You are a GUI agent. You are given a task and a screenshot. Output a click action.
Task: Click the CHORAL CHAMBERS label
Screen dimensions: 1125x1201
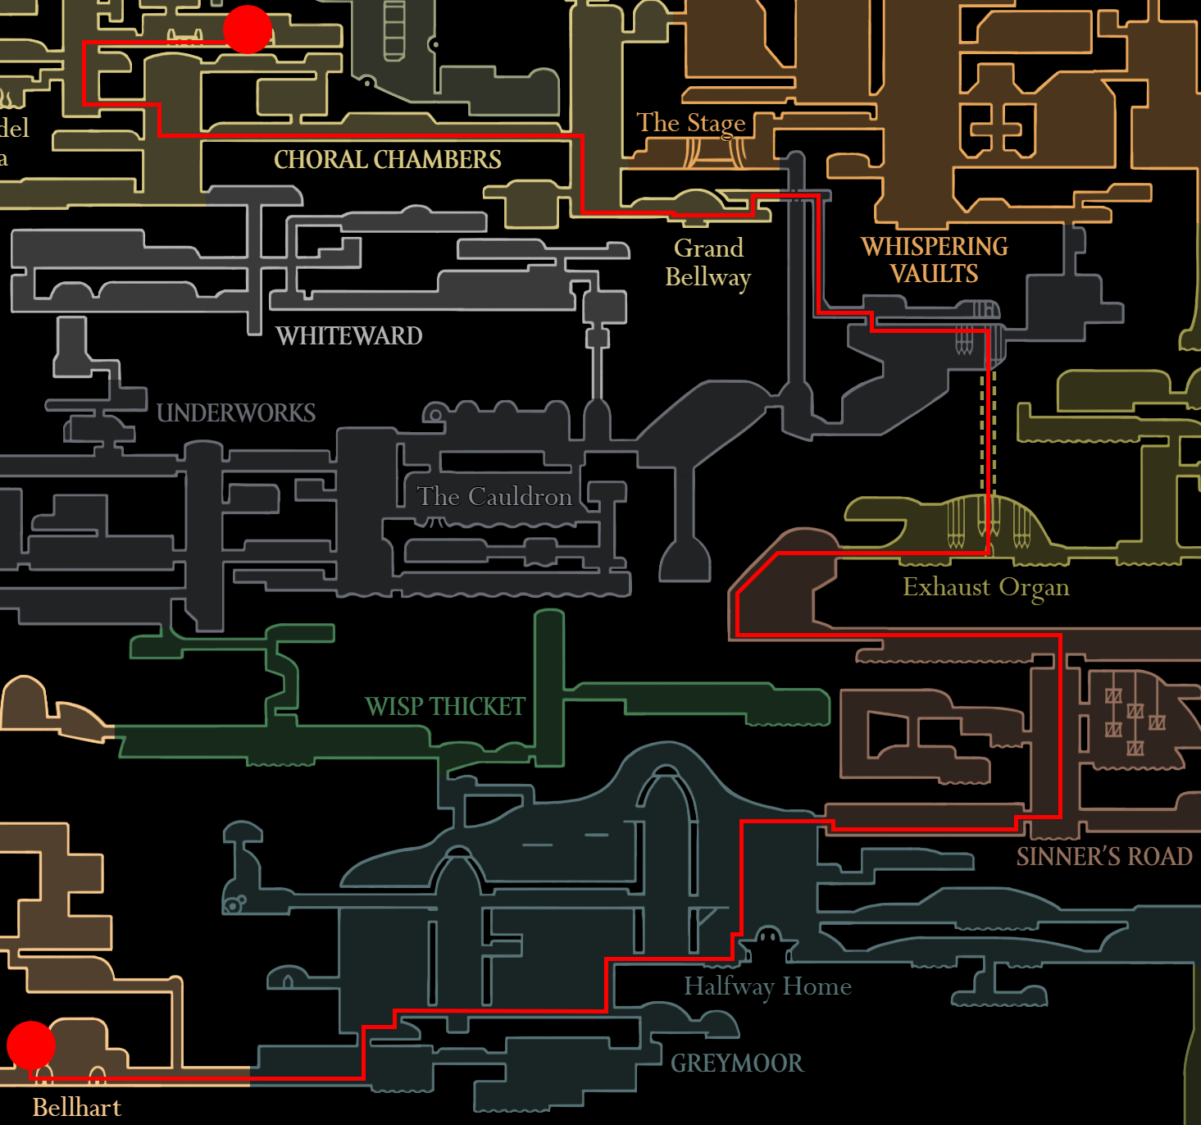tap(387, 159)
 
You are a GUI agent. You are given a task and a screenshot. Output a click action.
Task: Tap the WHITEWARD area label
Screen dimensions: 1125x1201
tap(349, 335)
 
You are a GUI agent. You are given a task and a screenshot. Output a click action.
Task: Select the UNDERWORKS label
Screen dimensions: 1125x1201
tap(236, 412)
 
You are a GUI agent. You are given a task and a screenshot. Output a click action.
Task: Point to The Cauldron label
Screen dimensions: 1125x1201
tap(494, 497)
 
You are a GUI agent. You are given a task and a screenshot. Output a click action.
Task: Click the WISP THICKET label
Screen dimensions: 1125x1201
tap(445, 706)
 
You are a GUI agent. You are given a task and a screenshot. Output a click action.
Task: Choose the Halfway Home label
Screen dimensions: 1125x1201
tap(767, 986)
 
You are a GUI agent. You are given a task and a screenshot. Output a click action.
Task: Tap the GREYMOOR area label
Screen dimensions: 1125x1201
tap(737, 1064)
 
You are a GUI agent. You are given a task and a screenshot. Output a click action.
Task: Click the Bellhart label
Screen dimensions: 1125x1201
tap(76, 1108)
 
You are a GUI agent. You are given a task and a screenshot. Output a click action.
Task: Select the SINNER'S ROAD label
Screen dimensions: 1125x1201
tap(1104, 857)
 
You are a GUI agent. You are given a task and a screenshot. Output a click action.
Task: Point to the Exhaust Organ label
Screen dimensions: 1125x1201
tap(985, 587)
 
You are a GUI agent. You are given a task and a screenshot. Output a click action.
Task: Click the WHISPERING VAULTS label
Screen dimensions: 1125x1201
tap(935, 260)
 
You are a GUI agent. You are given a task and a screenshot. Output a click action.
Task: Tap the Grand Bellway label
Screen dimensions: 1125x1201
tap(708, 262)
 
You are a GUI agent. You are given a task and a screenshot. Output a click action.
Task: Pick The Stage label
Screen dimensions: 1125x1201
tap(691, 123)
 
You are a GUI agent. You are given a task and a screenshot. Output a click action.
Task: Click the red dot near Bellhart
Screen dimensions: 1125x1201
tap(31, 1045)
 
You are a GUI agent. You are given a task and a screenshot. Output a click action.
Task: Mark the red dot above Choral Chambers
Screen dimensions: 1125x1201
tap(248, 30)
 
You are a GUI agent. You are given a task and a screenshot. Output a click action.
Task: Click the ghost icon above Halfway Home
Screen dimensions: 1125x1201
tap(767, 937)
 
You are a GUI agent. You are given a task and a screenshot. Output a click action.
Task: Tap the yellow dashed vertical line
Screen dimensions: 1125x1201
tap(982, 435)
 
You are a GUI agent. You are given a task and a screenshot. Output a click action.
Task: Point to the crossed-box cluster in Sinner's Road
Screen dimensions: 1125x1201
tap(1135, 712)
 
